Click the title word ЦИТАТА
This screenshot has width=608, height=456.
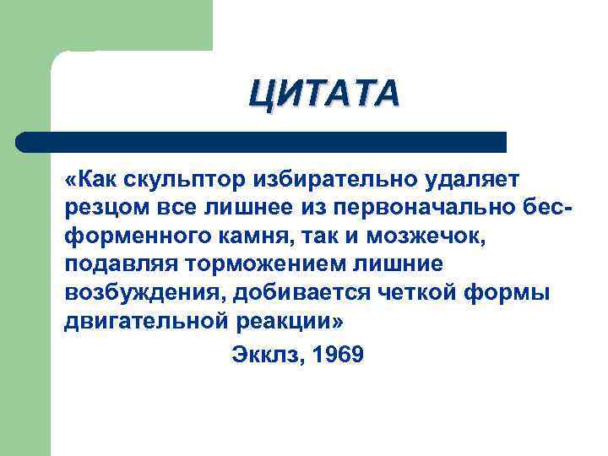pyautogui.click(x=324, y=92)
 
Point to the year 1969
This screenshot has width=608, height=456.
pyautogui.click(x=337, y=355)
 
